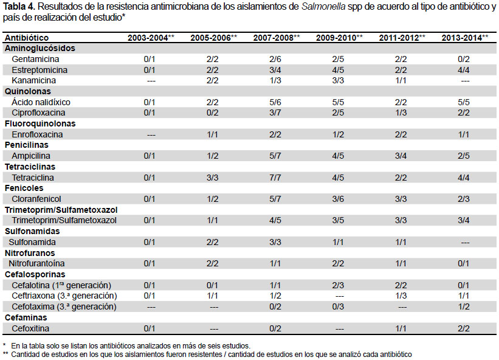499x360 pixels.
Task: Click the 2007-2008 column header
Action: [276, 38]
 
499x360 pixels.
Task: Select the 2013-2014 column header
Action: [464, 38]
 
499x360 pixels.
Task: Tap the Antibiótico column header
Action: [27, 38]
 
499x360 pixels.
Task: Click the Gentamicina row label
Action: [35, 59]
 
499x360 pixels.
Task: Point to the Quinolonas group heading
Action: [28, 91]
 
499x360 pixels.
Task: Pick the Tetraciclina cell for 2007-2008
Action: [275, 178]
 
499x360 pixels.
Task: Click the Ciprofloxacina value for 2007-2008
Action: [275, 112]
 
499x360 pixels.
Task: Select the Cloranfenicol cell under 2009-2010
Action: [338, 199]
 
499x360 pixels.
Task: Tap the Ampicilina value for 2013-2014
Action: [463, 156]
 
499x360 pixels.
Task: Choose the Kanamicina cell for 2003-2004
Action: [151, 81]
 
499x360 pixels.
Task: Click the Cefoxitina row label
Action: [30, 328]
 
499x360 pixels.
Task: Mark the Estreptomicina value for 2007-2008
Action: [275, 70]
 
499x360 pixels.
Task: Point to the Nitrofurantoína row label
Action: [36, 263]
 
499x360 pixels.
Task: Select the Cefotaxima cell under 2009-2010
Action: [338, 307]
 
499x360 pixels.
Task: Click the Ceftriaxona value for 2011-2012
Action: [401, 296]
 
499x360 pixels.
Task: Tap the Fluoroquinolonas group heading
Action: [40, 123]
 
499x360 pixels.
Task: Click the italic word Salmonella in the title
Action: [323, 7]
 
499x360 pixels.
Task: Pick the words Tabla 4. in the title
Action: [19, 7]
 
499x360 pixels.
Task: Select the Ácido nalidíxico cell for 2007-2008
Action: [275, 102]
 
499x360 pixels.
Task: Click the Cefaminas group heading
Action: [26, 317]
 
